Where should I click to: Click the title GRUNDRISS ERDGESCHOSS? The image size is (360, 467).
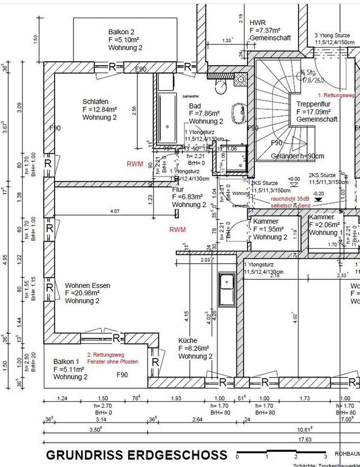point(136,455)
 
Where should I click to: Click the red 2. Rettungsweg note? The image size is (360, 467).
point(112,358)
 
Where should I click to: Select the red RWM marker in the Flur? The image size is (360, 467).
point(178,229)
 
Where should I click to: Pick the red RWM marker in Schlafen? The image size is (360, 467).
point(135,164)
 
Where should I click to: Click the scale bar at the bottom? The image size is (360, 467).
point(281,454)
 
